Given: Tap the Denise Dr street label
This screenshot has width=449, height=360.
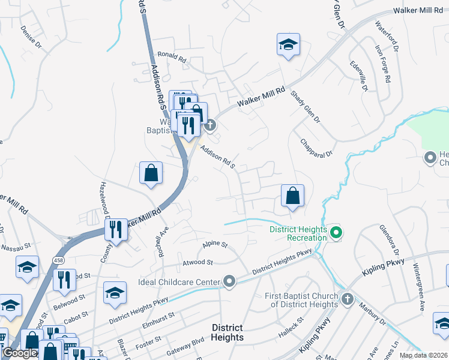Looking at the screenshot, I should click(x=31, y=37).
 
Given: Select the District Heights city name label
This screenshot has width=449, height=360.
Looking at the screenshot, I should click(x=227, y=332).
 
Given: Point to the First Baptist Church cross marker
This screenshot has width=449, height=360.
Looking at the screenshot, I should click(x=347, y=299).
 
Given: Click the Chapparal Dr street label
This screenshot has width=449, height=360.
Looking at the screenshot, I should click(x=316, y=148).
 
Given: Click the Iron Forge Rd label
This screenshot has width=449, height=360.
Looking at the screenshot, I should click(x=382, y=63).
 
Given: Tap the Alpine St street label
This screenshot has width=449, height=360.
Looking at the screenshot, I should click(x=215, y=244).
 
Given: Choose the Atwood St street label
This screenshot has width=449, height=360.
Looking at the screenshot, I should click(x=197, y=262).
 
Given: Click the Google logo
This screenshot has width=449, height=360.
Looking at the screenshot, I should click(x=20, y=353).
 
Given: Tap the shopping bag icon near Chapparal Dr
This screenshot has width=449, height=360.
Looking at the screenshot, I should click(x=292, y=196).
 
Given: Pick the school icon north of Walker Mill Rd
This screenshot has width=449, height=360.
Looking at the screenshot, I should click(x=289, y=45).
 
